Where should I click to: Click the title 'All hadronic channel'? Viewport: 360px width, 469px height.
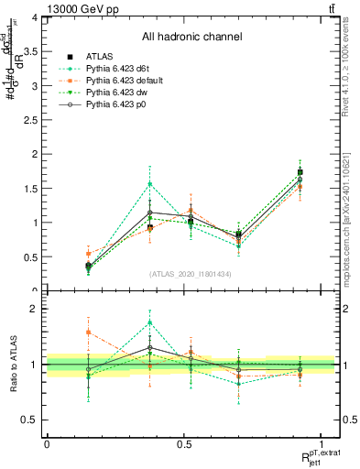[x=191, y=37]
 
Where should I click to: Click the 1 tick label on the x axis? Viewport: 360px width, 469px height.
[x=322, y=443]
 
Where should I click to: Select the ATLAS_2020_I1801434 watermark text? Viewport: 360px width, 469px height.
[x=191, y=273]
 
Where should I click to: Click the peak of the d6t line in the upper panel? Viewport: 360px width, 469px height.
[x=149, y=184]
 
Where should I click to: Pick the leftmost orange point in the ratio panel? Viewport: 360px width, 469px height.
[x=88, y=333]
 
